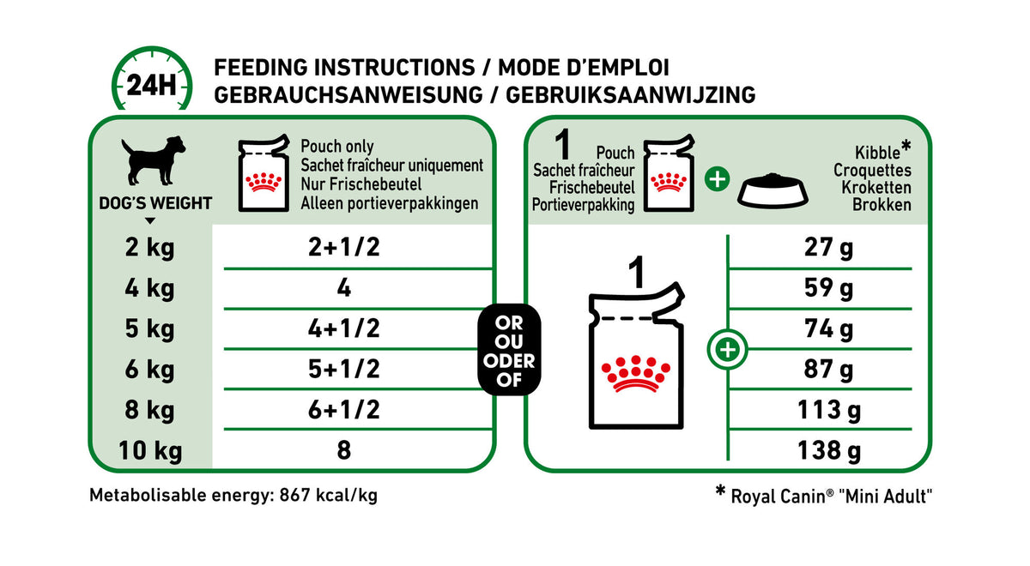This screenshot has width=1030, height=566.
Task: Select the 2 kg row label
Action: pos(149,248)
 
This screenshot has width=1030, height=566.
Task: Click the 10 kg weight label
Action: pos(149,449)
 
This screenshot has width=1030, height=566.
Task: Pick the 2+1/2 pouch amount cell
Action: pos(344,248)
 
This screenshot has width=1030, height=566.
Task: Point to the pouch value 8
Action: pos(344,449)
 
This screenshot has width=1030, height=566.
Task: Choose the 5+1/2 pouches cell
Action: pos(344,369)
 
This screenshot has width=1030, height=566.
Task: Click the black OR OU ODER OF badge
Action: pos(509,349)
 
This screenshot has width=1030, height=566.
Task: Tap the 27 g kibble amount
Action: pos(829,248)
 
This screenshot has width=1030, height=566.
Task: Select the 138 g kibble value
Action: pos(829,449)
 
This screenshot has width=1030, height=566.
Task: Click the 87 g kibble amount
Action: pos(829,369)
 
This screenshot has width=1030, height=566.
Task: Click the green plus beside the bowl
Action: pos(717,180)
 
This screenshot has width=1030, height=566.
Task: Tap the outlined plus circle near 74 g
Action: pos(727,350)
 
